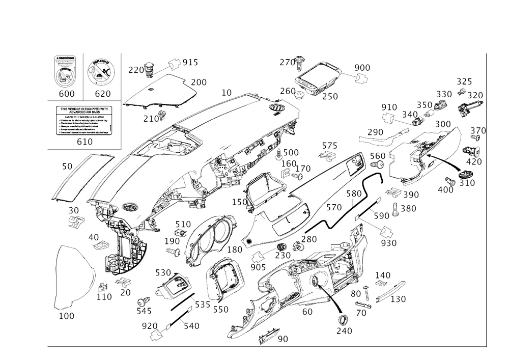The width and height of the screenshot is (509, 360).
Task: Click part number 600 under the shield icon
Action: pyautogui.click(x=66, y=93)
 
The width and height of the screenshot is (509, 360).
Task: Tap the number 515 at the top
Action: pyautogui.click(x=190, y=64)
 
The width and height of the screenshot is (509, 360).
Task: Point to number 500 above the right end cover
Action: pyautogui.click(x=443, y=124)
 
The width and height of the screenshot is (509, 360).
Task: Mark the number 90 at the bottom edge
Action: pyautogui.click(x=281, y=338)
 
